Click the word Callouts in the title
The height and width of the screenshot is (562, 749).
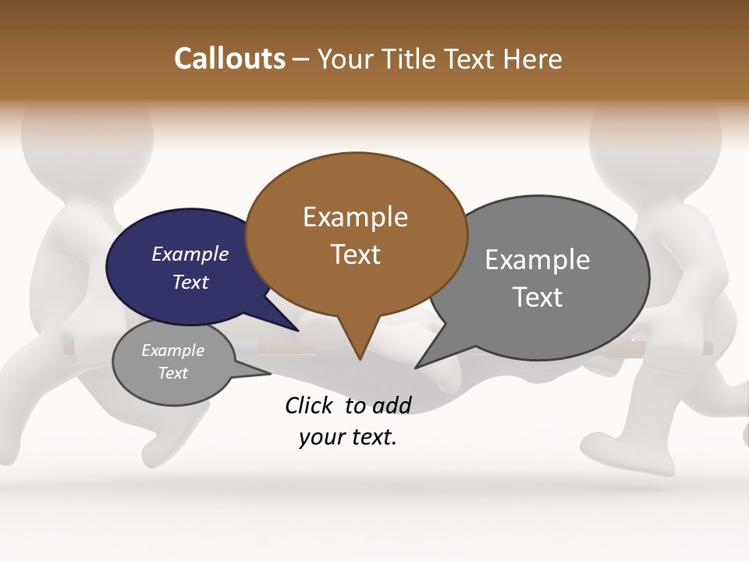tap(229, 59)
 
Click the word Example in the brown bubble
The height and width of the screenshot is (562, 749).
tap(355, 217)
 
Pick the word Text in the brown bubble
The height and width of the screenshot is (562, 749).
tap(355, 254)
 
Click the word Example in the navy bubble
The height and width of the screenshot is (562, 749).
tap(190, 254)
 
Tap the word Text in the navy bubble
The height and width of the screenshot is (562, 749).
tap(190, 283)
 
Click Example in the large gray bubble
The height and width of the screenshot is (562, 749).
tap(537, 260)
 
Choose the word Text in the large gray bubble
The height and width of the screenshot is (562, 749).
tap(537, 297)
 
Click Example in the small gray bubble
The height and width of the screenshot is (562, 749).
tap(172, 351)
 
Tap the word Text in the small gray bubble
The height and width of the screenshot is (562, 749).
tap(172, 373)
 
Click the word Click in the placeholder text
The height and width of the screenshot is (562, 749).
tap(308, 405)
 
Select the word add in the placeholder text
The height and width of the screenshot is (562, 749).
tap(392, 405)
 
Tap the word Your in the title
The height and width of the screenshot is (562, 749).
tap(346, 59)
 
